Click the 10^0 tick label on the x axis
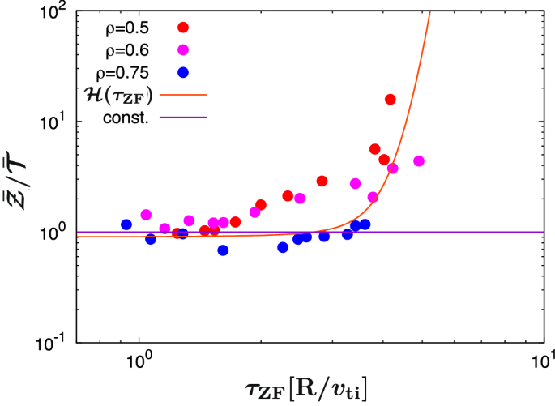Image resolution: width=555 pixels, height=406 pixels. coord(139,358)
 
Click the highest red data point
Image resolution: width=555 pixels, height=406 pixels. coord(391,99)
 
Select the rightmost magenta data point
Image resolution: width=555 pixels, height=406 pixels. coord(419,161)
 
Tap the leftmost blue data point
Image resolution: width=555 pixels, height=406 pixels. coord(126,224)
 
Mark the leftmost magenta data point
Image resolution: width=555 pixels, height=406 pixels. coord(147,215)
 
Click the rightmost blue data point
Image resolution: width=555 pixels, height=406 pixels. coord(365,224)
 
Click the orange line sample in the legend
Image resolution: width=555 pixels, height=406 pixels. coord(184,96)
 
